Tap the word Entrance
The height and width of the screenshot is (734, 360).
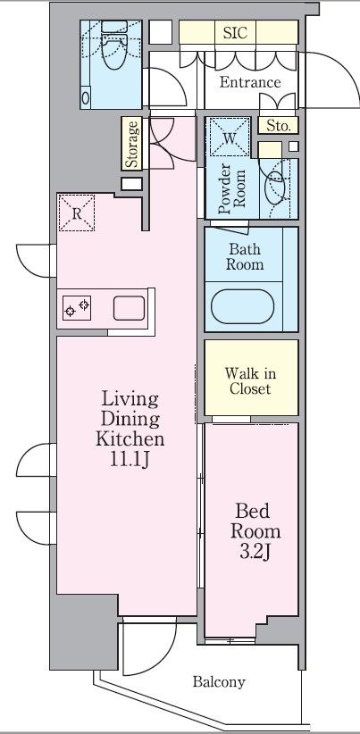click(x=250, y=82)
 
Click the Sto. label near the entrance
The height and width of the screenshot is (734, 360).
click(x=279, y=125)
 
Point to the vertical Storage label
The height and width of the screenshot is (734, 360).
click(x=132, y=144)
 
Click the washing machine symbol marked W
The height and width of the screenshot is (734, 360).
click(x=229, y=137)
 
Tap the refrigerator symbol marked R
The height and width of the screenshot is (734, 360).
click(x=77, y=213)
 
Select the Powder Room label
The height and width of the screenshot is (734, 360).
click(x=232, y=188)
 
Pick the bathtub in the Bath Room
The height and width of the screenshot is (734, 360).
click(x=242, y=306)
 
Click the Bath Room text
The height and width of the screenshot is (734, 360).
click(x=245, y=256)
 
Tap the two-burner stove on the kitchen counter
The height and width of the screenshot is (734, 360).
click(x=77, y=308)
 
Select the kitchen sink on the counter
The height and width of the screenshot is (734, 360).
click(x=129, y=308)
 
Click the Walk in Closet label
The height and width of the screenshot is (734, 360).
click(x=250, y=381)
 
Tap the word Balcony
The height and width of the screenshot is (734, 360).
click(x=219, y=682)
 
